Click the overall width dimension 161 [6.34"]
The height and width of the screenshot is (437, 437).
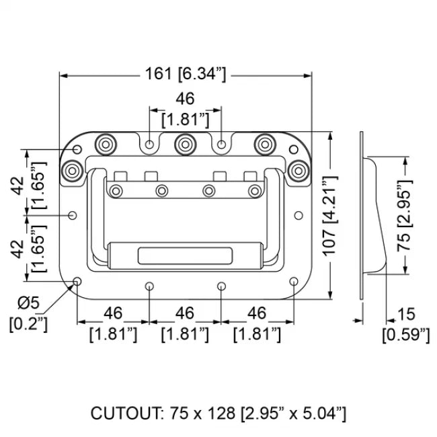pyautogui.click(x=185, y=75)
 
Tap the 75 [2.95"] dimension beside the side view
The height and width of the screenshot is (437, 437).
pyautogui.click(x=403, y=215)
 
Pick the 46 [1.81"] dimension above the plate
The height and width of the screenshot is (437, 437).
pyautogui.click(x=185, y=110)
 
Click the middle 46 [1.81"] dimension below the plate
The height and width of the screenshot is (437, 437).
pyautogui.click(x=185, y=324)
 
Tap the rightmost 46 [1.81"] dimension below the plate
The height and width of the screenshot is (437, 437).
pyautogui.click(x=256, y=324)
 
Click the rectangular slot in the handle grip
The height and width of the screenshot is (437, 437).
pyautogui.click(x=185, y=255)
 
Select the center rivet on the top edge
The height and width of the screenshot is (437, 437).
pyautogui.click(x=185, y=143)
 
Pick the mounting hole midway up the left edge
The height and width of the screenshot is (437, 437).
pyautogui.click(x=73, y=215)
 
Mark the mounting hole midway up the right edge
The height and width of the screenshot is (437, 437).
pyautogui.click(x=297, y=215)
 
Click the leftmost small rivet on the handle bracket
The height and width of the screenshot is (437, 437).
pyautogui.click(x=117, y=192)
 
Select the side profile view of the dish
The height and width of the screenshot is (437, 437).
pyautogui.click(x=371, y=215)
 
